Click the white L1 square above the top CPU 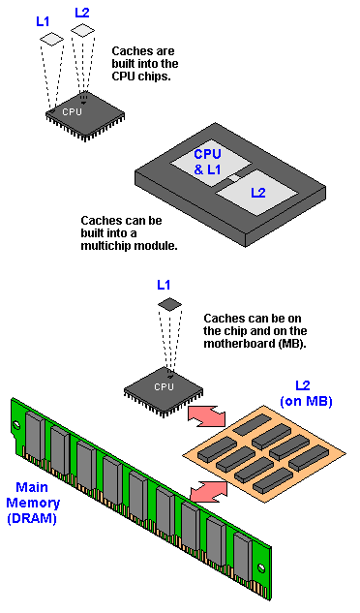51,39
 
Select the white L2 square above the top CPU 83,30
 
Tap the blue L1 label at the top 43,21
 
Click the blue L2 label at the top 82,13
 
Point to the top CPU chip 85,115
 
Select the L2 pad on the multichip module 257,193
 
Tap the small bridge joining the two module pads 233,178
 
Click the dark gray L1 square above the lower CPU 169,304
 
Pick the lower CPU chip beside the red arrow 164,390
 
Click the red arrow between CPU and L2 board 207,416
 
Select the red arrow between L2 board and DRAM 209,491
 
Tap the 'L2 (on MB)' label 306,394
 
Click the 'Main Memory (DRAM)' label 33,503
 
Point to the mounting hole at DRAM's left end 15,425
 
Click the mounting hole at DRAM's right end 261,567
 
